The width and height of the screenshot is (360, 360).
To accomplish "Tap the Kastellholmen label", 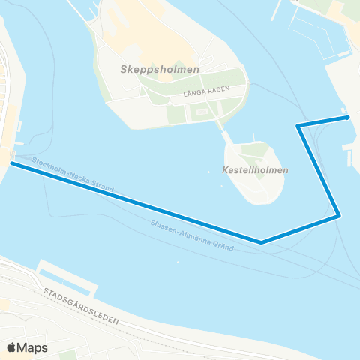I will pyautogui.click(x=256, y=170).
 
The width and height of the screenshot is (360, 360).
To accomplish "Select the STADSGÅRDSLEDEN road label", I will pyautogui.click(x=81, y=307).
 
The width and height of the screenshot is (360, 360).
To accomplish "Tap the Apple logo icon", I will pyautogui.click(x=12, y=347).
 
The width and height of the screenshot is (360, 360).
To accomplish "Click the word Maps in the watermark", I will pyautogui.click(x=33, y=347).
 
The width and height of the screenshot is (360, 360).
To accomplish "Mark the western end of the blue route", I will pyautogui.click(x=11, y=163).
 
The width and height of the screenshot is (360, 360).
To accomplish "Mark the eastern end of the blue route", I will pyautogui.click(x=347, y=117).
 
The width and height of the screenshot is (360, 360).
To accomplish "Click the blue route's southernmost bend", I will pyautogui.click(x=261, y=242).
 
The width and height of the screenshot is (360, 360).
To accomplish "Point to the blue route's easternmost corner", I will pyautogui.click(x=339, y=216).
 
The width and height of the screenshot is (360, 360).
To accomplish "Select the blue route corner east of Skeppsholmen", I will pyautogui.click(x=298, y=125).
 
